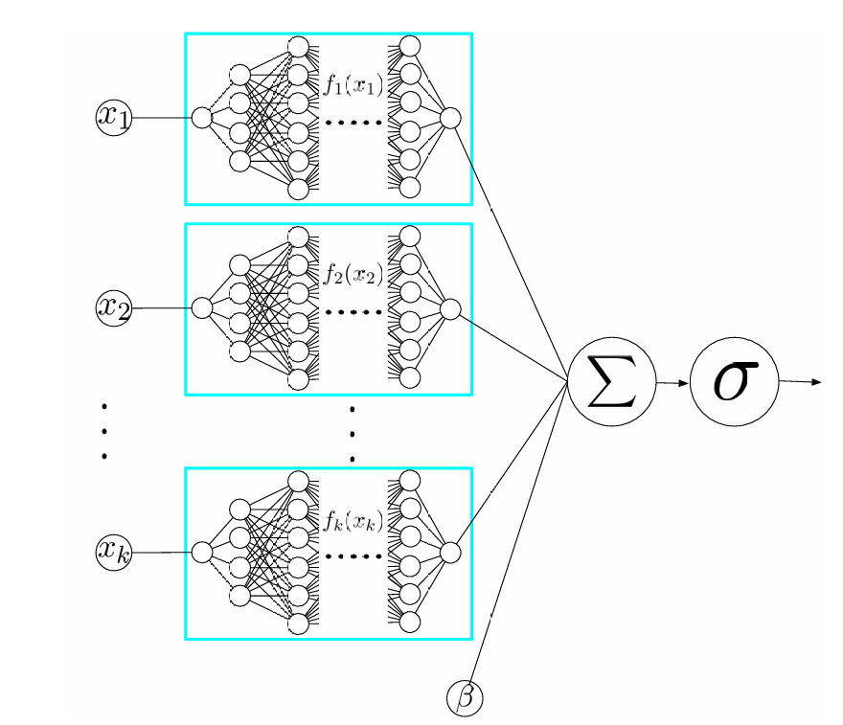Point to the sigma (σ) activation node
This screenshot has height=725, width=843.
pos(734,381)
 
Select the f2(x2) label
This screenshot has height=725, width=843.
pos(353,278)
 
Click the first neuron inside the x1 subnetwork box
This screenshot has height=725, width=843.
pos(201,118)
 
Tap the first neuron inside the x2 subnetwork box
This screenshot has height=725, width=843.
pos(201,308)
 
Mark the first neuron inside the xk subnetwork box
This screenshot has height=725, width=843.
pos(201,551)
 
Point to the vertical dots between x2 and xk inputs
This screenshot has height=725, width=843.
pos(103,430)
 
